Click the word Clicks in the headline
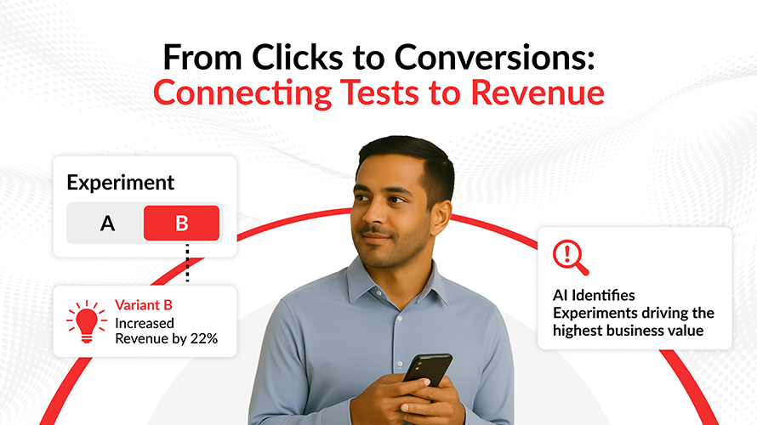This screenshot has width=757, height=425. point(298,57)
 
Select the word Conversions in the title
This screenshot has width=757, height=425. point(494,57)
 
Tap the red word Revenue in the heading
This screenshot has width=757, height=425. point(538,92)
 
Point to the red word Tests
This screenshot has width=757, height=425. point(379,92)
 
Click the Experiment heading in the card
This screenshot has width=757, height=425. point(120,183)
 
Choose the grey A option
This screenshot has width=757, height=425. point(107,223)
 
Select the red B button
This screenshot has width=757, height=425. point(181,223)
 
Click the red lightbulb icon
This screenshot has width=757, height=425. point(87,321)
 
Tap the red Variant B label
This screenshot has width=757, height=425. point(144,305)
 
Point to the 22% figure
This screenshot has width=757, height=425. point(204,338)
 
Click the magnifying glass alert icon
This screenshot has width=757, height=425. point(571,258)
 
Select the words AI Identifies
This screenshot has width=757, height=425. point(594,295)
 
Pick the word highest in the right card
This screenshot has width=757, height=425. point(577,331)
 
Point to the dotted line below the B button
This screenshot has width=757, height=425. point(187,263)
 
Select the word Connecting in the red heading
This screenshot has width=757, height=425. point(242,92)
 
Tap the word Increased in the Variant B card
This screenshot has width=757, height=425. point(145,323)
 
